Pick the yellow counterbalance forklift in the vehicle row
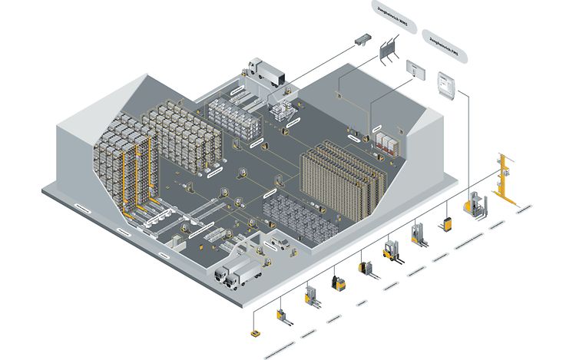click(x=394, y=251)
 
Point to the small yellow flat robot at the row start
click(x=254, y=334)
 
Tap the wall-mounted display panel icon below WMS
click(x=415, y=68)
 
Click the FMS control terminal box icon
click(x=445, y=83)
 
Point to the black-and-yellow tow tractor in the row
click(x=337, y=282)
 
